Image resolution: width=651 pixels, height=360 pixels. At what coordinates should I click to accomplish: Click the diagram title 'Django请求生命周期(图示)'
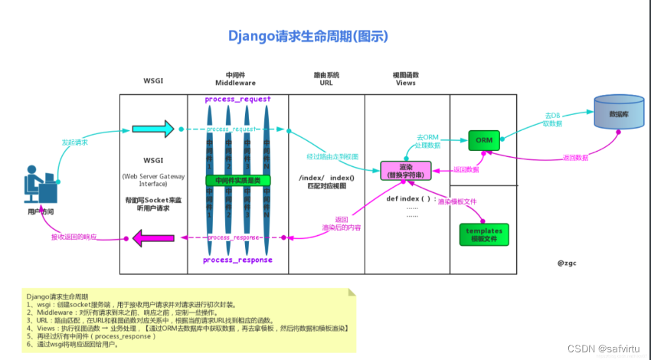[x=308, y=36]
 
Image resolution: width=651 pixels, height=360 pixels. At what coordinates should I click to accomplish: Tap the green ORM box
[x=484, y=140]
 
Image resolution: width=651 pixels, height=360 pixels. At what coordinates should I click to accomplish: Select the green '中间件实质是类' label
[x=237, y=181]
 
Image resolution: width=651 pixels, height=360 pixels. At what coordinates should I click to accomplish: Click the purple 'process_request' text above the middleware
[x=237, y=100]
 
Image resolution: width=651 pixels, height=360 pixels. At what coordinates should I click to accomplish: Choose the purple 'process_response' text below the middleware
[x=237, y=260]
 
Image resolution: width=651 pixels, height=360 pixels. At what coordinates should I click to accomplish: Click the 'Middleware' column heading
[x=237, y=82]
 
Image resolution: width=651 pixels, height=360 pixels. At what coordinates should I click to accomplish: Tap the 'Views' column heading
[x=405, y=82]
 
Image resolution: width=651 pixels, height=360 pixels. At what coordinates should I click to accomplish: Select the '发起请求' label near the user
[x=74, y=142]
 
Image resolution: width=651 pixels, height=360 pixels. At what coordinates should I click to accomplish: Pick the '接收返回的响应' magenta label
[x=74, y=237]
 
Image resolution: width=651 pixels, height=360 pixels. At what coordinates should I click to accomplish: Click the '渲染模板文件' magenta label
[x=456, y=201]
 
